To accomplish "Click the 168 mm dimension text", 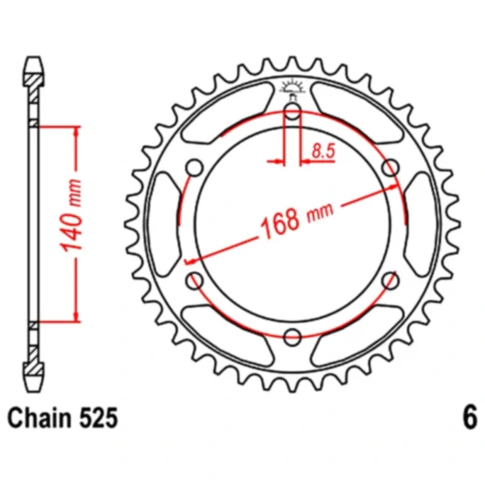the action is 297,220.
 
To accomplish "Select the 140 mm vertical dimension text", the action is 72,215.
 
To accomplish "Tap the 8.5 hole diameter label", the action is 324,151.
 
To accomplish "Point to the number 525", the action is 98,418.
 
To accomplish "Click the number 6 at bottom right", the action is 470,418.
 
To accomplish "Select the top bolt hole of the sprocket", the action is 292,111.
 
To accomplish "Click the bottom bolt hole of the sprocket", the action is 292,337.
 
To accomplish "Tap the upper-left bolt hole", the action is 195,168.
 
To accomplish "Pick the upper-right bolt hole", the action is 391,168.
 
